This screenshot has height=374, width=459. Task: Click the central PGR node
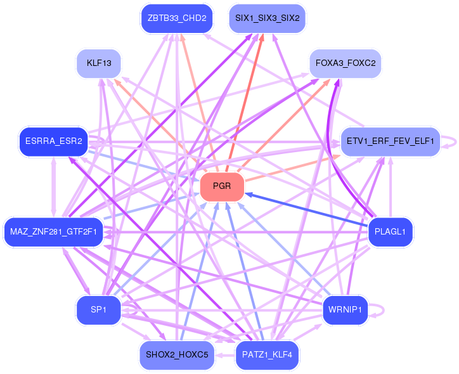[222, 187]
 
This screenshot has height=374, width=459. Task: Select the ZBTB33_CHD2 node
[177, 18]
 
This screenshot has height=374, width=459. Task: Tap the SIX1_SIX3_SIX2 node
[268, 18]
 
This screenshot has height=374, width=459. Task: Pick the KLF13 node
[99, 63]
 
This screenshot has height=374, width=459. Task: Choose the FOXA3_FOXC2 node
[346, 63]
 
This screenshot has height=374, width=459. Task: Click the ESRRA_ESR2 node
[53, 141]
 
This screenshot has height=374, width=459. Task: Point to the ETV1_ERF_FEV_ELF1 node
[391, 141]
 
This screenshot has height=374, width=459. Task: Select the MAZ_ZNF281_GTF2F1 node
[53, 232]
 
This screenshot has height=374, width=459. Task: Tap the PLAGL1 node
[391, 232]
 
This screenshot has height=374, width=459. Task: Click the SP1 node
[99, 310]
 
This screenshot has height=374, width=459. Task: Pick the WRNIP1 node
[346, 310]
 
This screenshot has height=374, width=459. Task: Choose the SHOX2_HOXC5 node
[177, 355]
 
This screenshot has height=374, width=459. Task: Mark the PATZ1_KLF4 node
[268, 355]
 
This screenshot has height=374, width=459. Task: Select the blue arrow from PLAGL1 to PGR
[306, 210]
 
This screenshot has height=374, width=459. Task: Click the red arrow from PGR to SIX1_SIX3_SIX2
[245, 103]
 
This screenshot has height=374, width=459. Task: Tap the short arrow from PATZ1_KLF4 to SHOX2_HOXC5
[225, 356]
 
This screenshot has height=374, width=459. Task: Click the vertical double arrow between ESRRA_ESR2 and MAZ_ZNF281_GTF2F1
[53, 187]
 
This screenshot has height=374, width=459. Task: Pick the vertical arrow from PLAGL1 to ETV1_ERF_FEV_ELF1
[391, 187]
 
